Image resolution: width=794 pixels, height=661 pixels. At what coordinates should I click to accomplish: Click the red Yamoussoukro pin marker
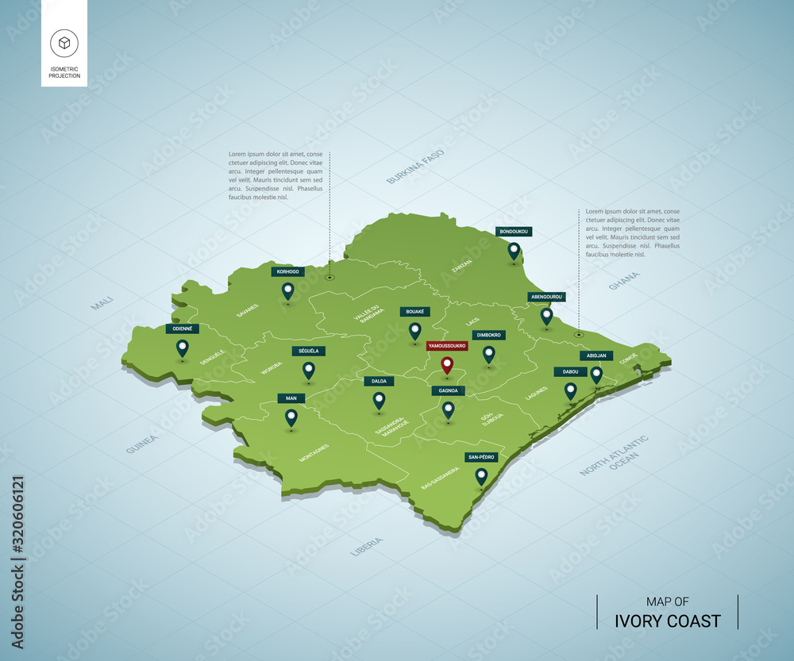[x=447, y=366]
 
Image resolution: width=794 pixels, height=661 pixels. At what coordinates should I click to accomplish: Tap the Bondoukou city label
[x=514, y=232]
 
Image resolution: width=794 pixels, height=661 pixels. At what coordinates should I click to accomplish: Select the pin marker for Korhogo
[x=288, y=291]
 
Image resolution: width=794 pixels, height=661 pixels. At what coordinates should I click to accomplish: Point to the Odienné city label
[x=182, y=329]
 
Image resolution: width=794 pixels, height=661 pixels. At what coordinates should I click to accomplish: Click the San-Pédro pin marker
[x=481, y=476]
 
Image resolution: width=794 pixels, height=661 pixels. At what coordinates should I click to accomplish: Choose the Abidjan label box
[x=595, y=355]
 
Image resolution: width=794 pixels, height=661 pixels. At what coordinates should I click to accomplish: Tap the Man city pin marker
[x=291, y=417]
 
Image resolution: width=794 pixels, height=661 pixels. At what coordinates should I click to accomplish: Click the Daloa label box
[x=379, y=381]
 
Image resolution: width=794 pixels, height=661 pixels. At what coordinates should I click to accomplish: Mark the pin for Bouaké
[x=414, y=331]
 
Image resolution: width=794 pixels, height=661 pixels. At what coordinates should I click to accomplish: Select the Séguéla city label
[x=308, y=351]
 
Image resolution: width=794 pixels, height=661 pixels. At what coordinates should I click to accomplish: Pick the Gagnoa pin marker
[x=449, y=409]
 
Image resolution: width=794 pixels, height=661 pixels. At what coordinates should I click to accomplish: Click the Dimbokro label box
[x=488, y=335]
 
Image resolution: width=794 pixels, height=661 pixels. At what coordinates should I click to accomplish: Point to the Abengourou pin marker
[x=546, y=316]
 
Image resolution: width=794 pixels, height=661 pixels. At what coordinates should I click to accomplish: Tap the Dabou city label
[x=570, y=371]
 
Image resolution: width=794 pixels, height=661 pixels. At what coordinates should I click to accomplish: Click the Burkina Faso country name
[x=415, y=167]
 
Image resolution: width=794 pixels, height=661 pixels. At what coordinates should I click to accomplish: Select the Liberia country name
[x=366, y=546]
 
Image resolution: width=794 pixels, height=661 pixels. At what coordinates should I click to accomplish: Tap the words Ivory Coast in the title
[x=669, y=621]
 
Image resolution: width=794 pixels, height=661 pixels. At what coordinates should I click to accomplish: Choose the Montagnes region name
[x=314, y=452]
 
